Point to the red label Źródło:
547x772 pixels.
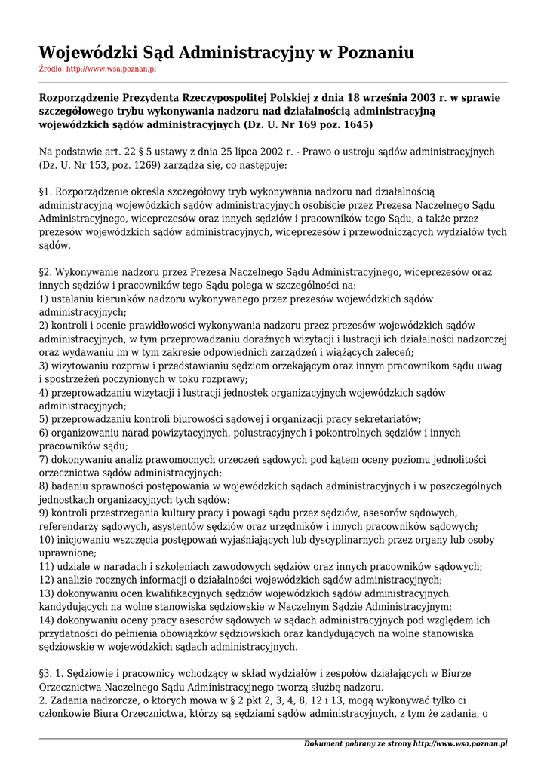[51, 69]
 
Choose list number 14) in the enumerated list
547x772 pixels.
[47, 620]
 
